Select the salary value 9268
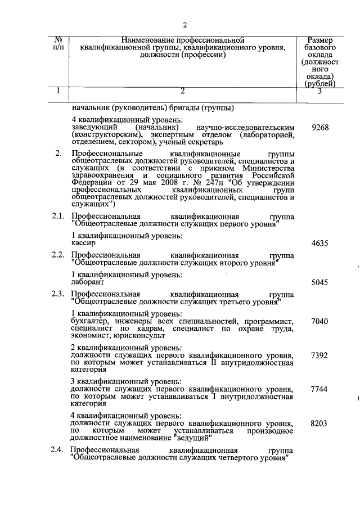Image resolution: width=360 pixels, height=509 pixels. pyautogui.click(x=319, y=128)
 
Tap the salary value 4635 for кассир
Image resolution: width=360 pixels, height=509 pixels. pyautogui.click(x=319, y=244)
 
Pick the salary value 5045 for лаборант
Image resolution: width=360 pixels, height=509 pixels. pyautogui.click(x=319, y=282)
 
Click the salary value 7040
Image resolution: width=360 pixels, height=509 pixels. pyautogui.click(x=319, y=321)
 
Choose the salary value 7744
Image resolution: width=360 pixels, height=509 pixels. pyautogui.click(x=319, y=389)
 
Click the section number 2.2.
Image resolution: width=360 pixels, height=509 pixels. pyautogui.click(x=58, y=255)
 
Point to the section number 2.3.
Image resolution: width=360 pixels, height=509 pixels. pyautogui.click(x=58, y=294)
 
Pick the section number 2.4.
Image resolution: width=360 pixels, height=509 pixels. pyautogui.click(x=58, y=451)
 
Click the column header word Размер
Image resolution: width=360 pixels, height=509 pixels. pyautogui.click(x=319, y=40)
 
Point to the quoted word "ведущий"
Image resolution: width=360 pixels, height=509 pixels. pyautogui.click(x=193, y=438)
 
